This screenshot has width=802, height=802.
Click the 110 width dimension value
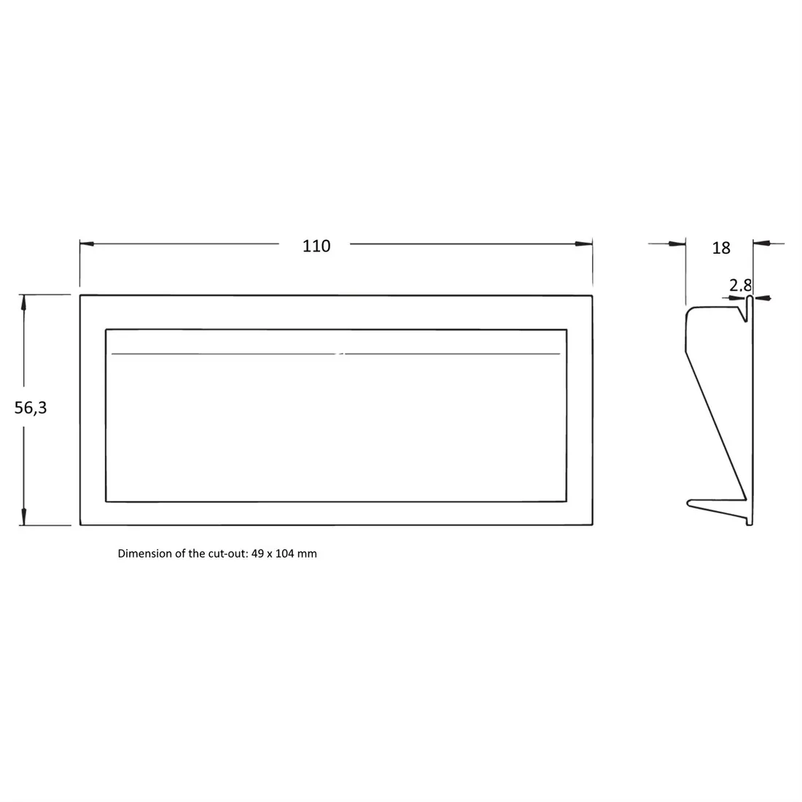316,246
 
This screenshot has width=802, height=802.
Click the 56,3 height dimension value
31,408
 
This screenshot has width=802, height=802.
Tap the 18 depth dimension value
721,248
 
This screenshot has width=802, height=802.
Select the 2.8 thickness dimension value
740,285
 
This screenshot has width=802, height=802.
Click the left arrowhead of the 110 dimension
87,244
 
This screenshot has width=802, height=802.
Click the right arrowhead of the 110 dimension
584,244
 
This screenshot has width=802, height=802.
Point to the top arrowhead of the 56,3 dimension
23,303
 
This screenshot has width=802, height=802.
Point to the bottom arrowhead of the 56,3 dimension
23,517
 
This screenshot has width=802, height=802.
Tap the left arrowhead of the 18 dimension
677,244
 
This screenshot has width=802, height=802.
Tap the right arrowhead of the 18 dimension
762,244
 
